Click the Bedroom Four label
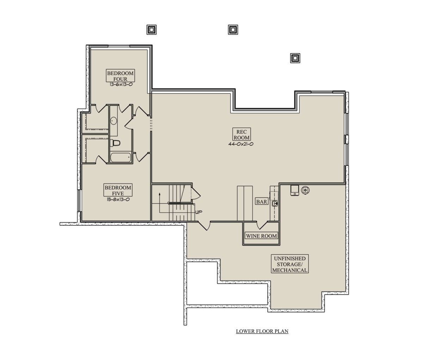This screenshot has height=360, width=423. [120, 76]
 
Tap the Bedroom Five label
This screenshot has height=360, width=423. [118, 190]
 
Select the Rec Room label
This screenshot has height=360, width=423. [241, 135]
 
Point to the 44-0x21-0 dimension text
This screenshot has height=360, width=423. [241, 144]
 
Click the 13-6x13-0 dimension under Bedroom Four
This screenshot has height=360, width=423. [121, 85]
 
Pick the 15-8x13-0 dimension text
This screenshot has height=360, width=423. [118, 199]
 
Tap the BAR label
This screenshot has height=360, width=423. [262, 202]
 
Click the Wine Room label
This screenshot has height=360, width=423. [261, 236]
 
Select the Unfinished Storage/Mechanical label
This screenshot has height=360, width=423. [290, 264]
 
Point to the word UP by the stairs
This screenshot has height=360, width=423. [198, 212]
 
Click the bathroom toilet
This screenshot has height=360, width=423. [115, 143]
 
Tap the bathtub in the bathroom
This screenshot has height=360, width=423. [121, 157]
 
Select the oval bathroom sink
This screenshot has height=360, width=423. [114, 121]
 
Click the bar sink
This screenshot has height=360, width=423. [275, 204]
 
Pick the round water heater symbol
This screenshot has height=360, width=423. [305, 190]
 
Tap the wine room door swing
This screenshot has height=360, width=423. [262, 225]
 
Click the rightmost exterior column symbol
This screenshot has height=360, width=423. [295, 58]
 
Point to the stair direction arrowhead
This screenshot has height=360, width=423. [160, 194]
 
